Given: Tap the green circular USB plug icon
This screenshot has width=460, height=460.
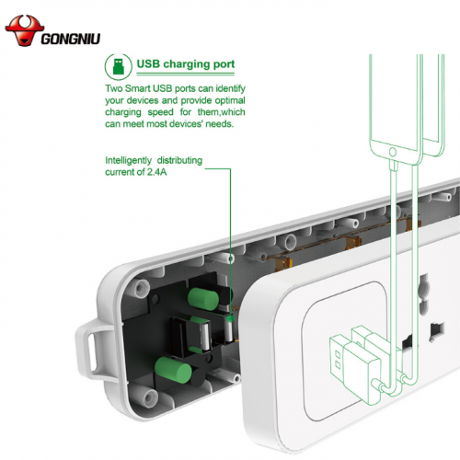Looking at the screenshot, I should click(x=117, y=64).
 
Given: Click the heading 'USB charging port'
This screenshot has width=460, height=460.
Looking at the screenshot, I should click(x=185, y=64).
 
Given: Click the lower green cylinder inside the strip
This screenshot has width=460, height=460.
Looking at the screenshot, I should click(x=175, y=372).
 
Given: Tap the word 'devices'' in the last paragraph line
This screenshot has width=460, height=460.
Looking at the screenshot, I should click(x=193, y=124).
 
